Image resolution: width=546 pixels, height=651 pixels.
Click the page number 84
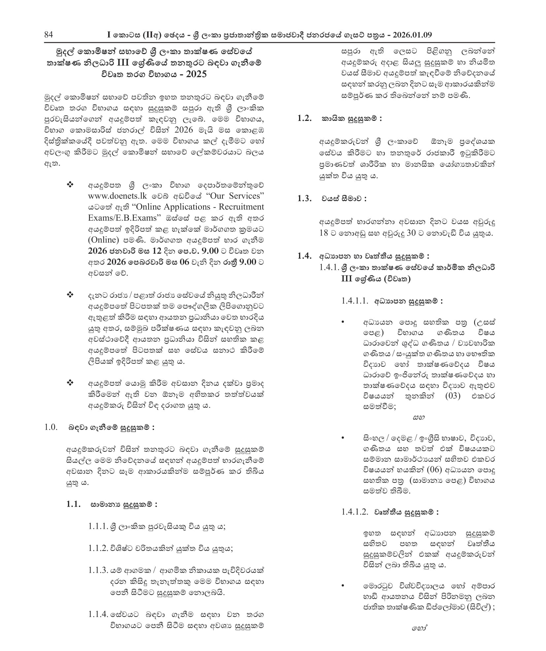point(48,35)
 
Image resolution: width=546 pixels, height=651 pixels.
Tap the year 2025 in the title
point(196,74)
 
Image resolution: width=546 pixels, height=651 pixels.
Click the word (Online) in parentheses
point(103,240)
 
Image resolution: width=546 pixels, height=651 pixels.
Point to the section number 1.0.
point(51,427)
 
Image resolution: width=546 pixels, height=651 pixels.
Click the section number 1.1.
point(73,504)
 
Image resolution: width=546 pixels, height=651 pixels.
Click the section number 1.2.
point(304,118)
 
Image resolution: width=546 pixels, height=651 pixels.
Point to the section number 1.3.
point(304,198)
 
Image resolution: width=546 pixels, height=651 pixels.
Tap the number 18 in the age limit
point(324,233)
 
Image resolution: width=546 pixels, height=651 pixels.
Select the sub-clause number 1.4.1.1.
point(355,301)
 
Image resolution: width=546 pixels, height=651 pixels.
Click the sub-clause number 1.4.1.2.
point(355,512)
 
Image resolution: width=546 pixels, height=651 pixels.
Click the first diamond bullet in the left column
point(70,184)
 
